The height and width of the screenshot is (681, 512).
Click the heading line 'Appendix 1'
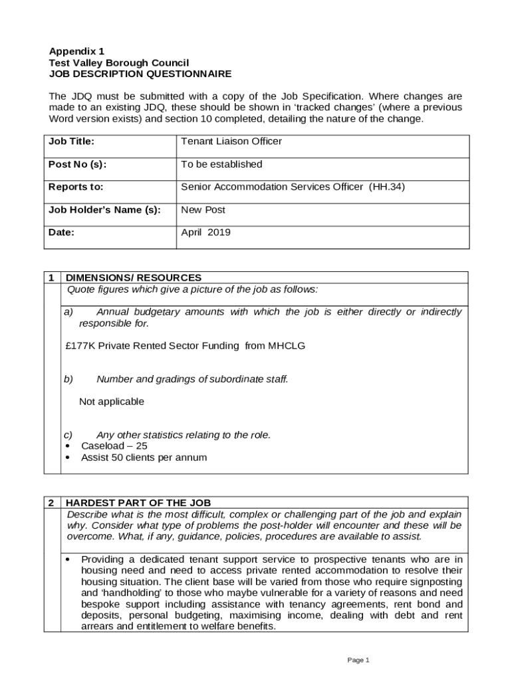pos(76,51)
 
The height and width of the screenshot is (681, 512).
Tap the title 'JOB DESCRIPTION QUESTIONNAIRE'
pos(140,74)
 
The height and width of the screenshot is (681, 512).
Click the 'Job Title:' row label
pos(71,141)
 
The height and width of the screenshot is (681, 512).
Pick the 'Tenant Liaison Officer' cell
pos(231,141)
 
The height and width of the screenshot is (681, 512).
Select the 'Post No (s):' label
pos(77,164)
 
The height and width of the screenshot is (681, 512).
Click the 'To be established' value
pos(221,164)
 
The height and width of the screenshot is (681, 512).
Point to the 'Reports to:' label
pos(76,187)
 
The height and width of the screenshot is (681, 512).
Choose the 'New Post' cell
pos(203,209)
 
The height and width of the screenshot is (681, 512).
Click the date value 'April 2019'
pos(205,232)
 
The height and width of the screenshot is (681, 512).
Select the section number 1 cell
pos(52,277)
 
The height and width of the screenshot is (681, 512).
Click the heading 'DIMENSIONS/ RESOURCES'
pos(134,277)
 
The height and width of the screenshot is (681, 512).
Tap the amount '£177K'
pos(80,346)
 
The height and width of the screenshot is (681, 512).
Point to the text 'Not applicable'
pos(112,402)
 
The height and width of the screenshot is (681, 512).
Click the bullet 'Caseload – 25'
pos(114,446)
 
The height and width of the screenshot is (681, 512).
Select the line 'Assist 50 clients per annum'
pos(144,458)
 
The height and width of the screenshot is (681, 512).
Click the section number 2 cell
pos(52,503)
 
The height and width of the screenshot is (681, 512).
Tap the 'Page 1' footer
pos(358,660)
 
